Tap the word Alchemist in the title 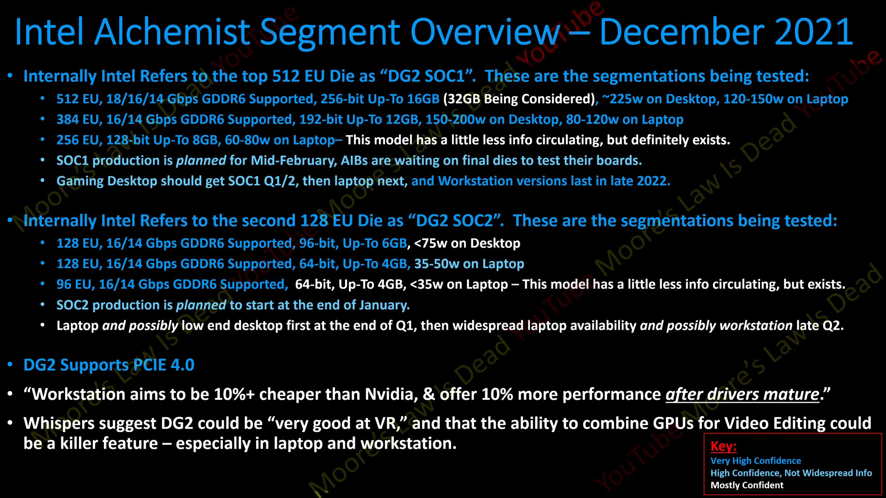[x=174, y=32]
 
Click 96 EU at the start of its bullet [x=74, y=285]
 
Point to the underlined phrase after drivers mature [x=742, y=395]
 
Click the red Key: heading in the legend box [x=723, y=446]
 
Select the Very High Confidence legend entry [x=755, y=461]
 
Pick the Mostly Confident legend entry [x=747, y=485]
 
